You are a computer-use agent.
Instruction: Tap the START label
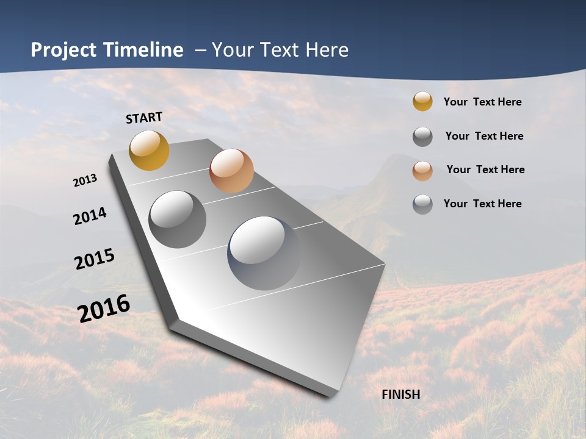coord(144,118)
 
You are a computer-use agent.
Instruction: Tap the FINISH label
coord(400,394)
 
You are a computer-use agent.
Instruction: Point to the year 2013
coord(85,180)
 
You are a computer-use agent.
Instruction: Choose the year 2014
coord(90,216)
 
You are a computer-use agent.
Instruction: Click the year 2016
coord(104,309)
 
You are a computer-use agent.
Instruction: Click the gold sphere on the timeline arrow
coord(149,150)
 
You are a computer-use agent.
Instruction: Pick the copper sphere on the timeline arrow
coord(231,171)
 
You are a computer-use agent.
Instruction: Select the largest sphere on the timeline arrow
coord(264,252)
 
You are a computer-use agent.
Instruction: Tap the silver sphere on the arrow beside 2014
coord(177,219)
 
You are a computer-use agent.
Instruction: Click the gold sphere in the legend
coord(422,101)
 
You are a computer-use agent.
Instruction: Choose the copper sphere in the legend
coord(422,171)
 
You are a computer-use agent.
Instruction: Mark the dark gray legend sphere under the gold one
coord(422,137)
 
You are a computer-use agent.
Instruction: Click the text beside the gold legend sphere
coord(482,102)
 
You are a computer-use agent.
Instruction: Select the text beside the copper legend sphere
coord(485,170)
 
